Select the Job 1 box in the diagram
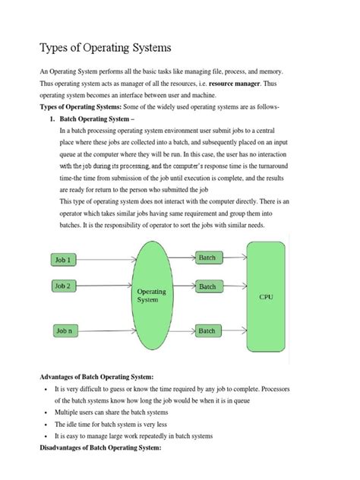tap(63, 260)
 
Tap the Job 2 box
tap(63, 286)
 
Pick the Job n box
tap(63, 330)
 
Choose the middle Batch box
tap(207, 287)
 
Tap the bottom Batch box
tap(207, 331)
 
